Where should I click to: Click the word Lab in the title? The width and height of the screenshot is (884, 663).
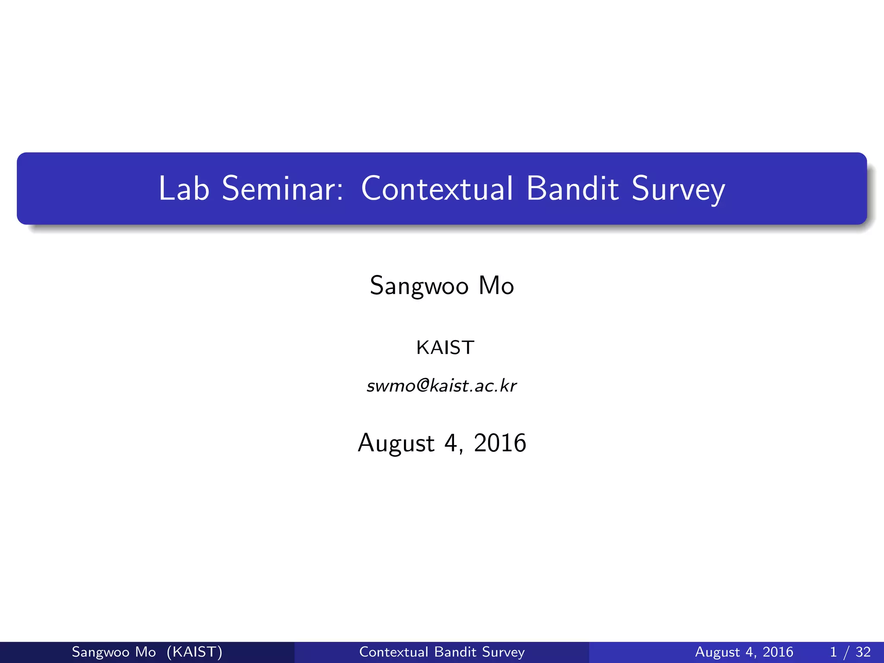184,189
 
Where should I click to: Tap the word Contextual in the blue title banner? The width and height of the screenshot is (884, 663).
437,189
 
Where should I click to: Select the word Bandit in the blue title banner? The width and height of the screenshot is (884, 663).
573,189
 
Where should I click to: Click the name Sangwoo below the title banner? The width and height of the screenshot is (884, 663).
419,286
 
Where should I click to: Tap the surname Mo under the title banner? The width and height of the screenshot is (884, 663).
496,286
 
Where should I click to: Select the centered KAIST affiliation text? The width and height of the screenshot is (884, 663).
445,347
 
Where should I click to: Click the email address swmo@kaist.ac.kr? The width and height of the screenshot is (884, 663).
442,385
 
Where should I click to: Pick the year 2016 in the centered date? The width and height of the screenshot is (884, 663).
500,443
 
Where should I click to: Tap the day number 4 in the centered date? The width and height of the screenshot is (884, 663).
451,443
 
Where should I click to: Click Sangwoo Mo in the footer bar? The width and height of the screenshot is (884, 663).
114,652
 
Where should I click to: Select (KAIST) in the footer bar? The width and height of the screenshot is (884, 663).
194,652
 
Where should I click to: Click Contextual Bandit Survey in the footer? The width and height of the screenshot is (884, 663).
442,652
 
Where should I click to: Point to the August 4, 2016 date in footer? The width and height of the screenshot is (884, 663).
744,652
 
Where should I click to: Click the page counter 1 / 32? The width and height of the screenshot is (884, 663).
850,652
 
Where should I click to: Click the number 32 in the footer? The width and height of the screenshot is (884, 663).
863,652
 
